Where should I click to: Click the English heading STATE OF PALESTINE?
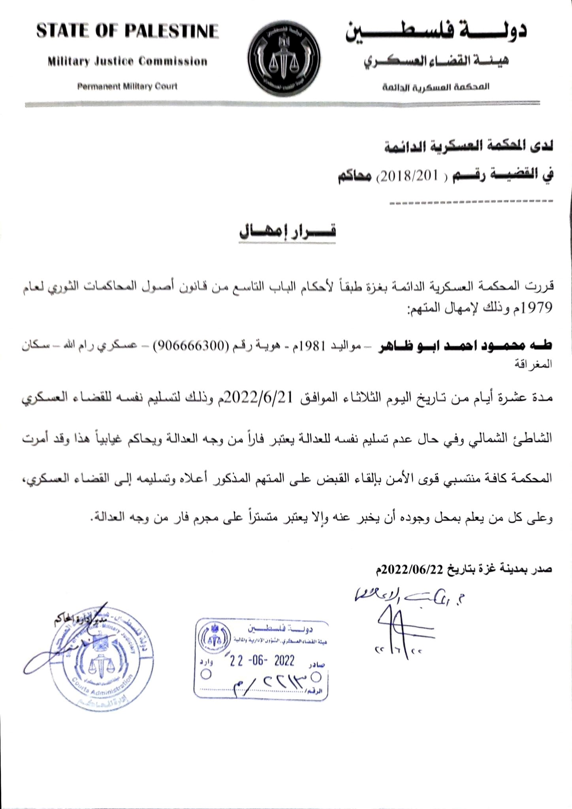pyautogui.click(x=127, y=31)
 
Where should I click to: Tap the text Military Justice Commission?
pyautogui.click(x=127, y=62)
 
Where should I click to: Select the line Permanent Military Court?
pyautogui.click(x=127, y=87)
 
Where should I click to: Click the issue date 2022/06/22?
pyautogui.click(x=412, y=569)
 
